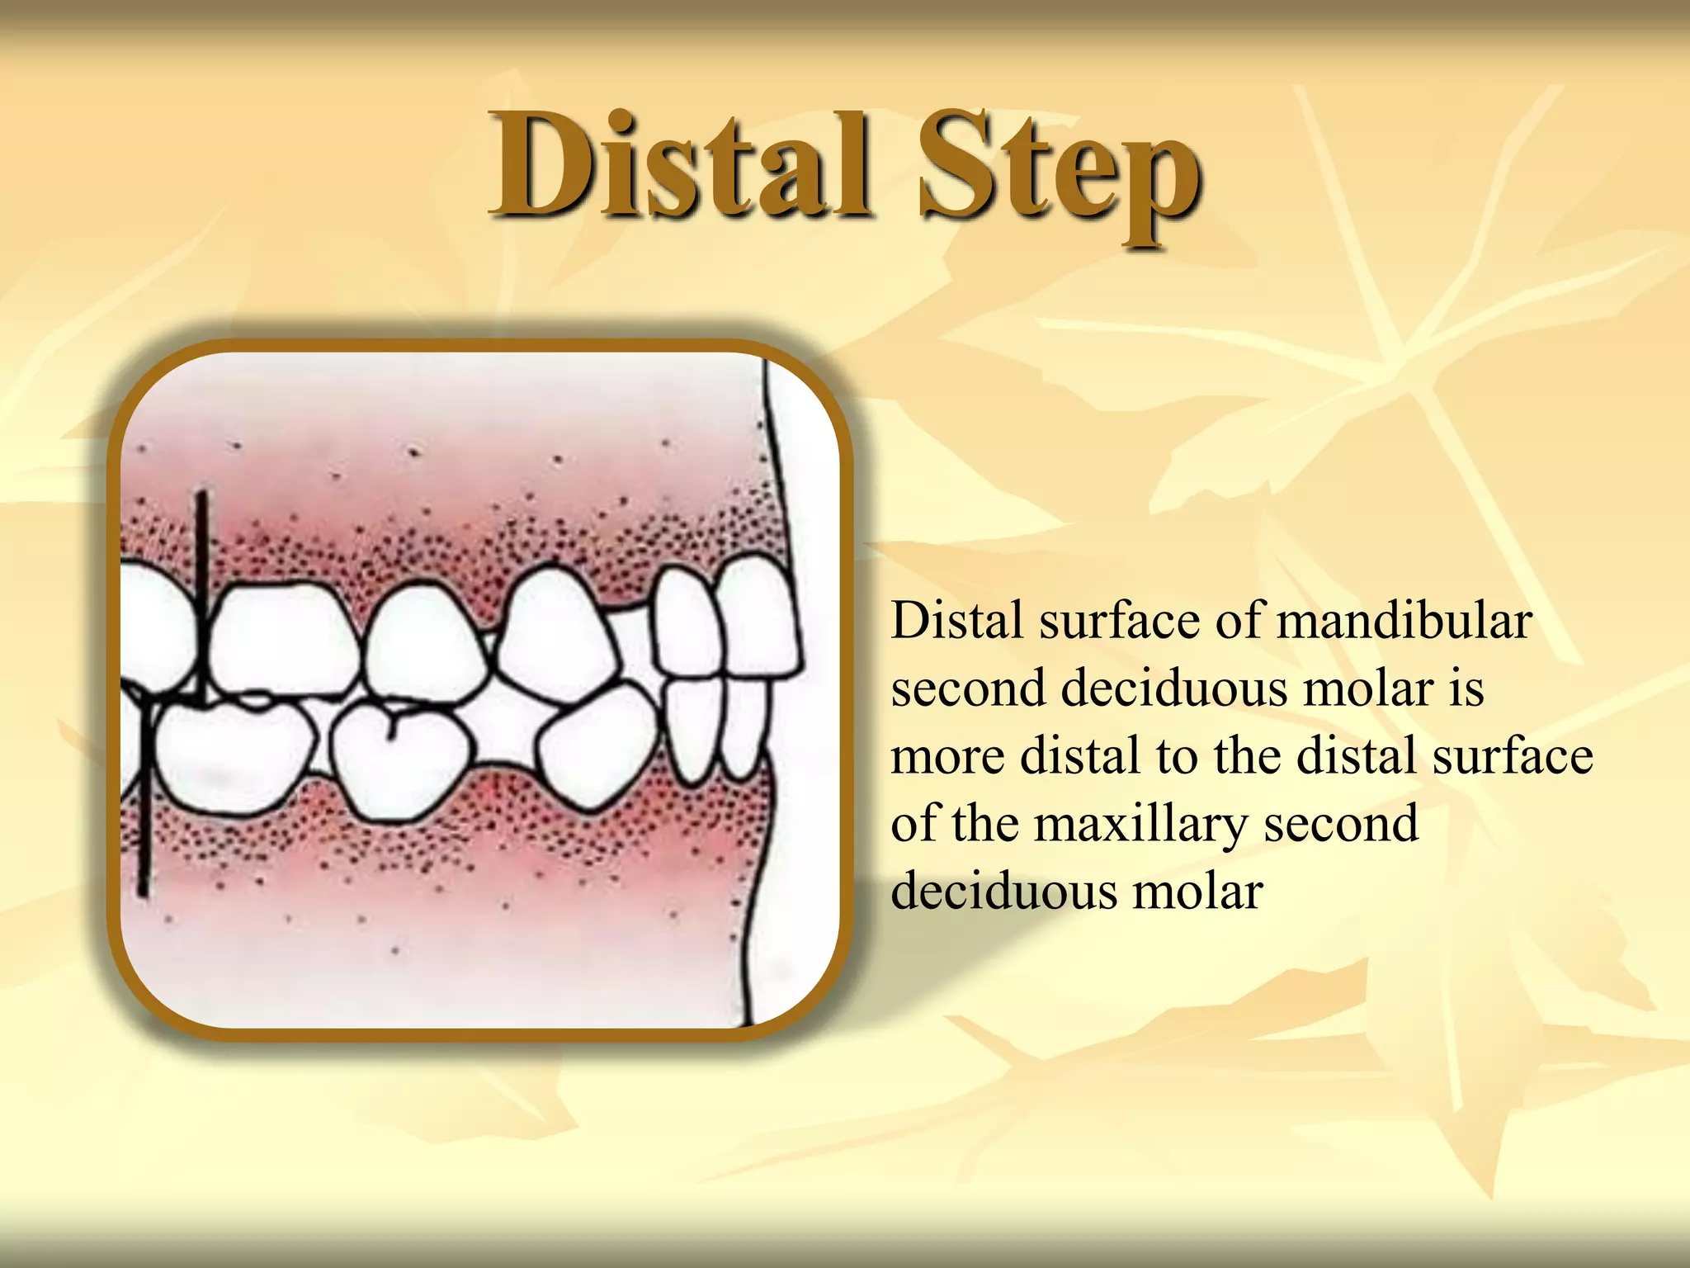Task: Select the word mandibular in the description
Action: click(x=1404, y=621)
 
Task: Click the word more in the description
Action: click(x=946, y=756)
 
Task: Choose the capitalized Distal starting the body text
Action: click(x=957, y=621)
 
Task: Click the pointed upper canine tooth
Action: click(x=557, y=636)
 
